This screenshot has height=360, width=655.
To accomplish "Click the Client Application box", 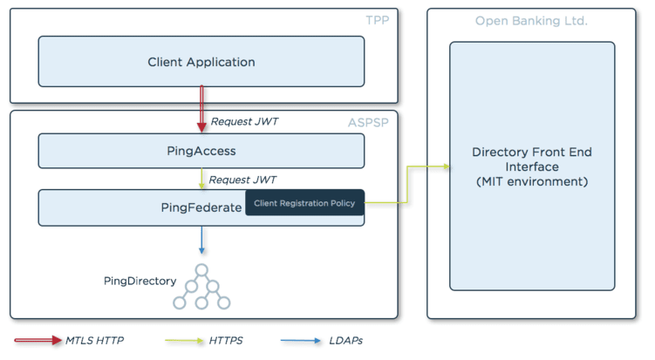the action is click(201, 61).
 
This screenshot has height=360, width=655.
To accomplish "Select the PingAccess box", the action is click(201, 151).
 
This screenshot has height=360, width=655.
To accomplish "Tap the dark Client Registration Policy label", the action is click(304, 203).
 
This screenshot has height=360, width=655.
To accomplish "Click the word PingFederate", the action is click(201, 207).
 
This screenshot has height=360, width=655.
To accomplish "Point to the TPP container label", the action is click(377, 20).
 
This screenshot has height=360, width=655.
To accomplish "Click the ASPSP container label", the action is click(368, 122).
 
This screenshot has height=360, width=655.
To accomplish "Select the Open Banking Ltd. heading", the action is click(531, 21).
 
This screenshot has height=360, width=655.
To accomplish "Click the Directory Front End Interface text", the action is click(532, 166).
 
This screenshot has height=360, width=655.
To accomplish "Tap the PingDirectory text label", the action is click(140, 281).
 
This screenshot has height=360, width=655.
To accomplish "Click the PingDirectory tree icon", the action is click(201, 287).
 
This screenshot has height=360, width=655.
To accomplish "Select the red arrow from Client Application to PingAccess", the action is click(201, 109).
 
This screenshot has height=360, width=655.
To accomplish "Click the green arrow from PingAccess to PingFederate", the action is click(201, 179).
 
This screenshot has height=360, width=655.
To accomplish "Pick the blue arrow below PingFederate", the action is click(201, 240).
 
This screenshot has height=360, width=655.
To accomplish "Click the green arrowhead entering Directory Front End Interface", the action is click(447, 166).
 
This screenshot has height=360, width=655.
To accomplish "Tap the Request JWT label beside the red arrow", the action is click(244, 121).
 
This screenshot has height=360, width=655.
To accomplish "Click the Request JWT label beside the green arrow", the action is click(242, 180).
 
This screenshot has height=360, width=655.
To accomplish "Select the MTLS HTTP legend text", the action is click(94, 341).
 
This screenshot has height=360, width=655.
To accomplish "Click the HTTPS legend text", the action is click(226, 341).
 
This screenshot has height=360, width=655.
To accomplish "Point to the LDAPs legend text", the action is click(346, 341).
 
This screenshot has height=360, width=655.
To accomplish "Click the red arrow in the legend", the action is click(38, 340).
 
